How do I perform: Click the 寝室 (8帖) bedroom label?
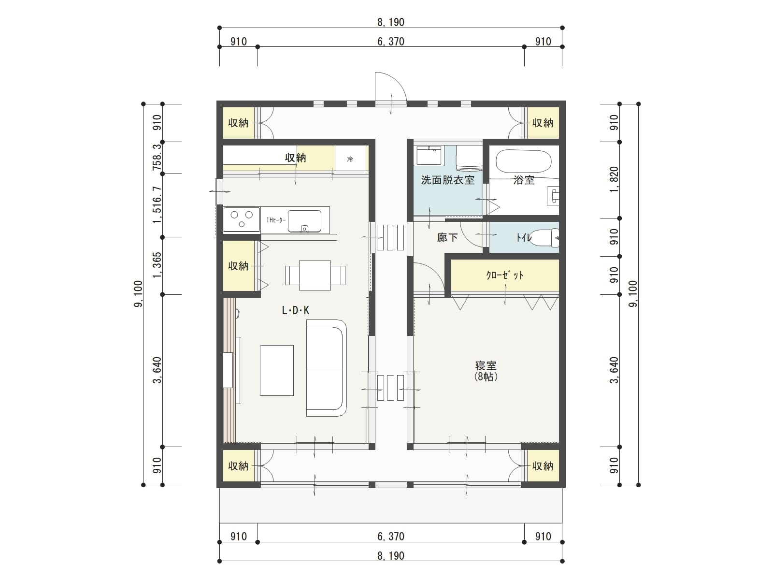(x=485, y=371)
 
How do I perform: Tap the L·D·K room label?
(x=295, y=311)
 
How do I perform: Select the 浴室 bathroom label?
(x=524, y=180)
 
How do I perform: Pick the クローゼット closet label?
(x=504, y=275)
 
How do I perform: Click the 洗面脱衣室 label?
(x=447, y=180)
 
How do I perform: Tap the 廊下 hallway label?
(x=447, y=237)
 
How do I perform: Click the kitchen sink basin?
(x=304, y=221)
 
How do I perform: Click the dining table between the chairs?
(x=315, y=275)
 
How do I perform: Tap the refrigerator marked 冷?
(x=350, y=159)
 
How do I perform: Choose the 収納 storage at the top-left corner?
(x=238, y=123)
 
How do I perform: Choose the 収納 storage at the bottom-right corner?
(x=543, y=466)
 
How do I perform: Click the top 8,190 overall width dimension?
(x=390, y=22)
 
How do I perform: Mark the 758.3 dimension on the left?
(x=157, y=158)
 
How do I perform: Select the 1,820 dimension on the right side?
(x=614, y=180)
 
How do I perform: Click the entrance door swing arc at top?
(x=392, y=87)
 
